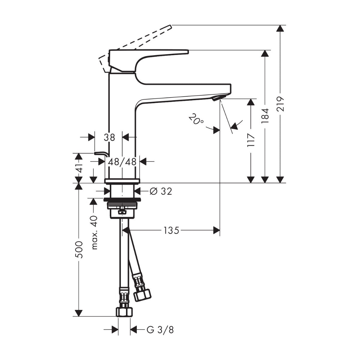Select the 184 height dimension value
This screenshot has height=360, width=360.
pyautogui.click(x=265, y=115)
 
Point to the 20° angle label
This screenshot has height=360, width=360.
pyautogui.click(x=196, y=119)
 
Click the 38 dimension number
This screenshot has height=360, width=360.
pyautogui.click(x=109, y=138)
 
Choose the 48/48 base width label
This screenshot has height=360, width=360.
pyautogui.click(x=122, y=162)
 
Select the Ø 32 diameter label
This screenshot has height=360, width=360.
pyautogui.click(x=160, y=191)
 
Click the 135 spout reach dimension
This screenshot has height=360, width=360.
pyautogui.click(x=171, y=230)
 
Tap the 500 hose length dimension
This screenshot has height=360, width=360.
pyautogui.click(x=79, y=249)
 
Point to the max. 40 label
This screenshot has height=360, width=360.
pyautogui.click(x=94, y=232)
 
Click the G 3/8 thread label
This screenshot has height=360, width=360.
pyautogui.click(x=160, y=330)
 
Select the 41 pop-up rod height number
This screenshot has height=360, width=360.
pyautogui.click(x=79, y=168)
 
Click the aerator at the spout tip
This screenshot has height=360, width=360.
pyautogui.click(x=218, y=98)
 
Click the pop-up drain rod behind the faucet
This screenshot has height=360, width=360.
pyautogui.click(x=100, y=154)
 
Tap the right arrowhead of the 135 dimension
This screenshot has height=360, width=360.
pyautogui.click(x=216, y=230)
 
